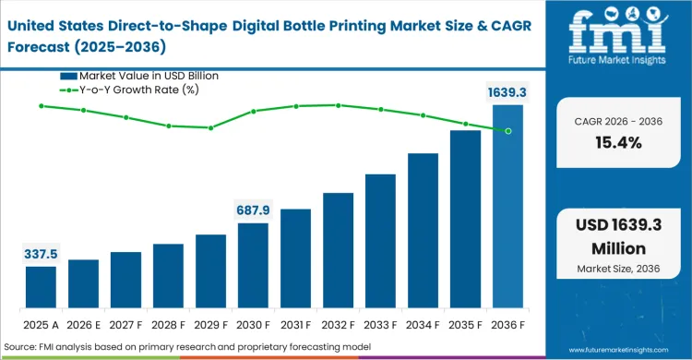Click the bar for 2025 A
click(41, 293)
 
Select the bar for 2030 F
click(253, 270)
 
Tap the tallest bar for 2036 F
click(507, 211)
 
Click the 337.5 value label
click(41, 253)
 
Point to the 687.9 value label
click(253, 210)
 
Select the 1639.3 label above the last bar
click(507, 91)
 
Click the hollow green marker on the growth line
click(507, 131)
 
